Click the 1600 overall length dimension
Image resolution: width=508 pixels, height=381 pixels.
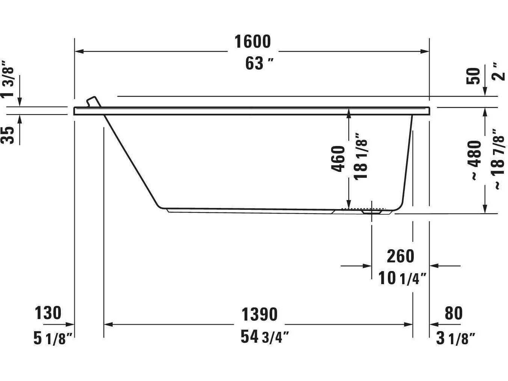click(x=252, y=42)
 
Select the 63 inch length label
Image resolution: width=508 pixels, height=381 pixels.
click(x=259, y=63)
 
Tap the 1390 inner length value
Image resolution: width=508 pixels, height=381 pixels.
click(x=259, y=315)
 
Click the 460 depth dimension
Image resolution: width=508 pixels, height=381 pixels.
click(x=338, y=159)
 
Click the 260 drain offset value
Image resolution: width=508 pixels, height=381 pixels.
click(x=400, y=256)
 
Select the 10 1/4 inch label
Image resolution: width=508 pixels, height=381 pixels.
click(x=402, y=279)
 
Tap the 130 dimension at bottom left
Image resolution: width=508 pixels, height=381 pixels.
click(x=48, y=313)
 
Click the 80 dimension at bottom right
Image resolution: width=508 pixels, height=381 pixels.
click(x=453, y=313)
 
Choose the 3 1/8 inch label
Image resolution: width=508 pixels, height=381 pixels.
click(x=455, y=339)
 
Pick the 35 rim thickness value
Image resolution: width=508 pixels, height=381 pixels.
click(x=9, y=135)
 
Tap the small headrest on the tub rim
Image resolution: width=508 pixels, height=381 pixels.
click(x=93, y=102)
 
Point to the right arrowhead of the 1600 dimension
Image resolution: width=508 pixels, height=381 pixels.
click(x=425, y=51)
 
